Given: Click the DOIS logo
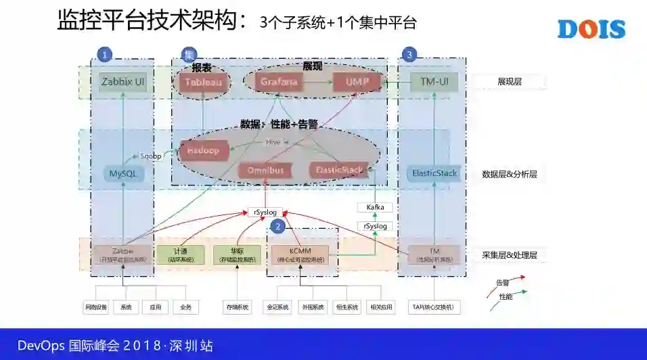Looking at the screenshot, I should pyautogui.click(x=591, y=29).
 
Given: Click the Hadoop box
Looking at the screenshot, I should pyautogui.click(x=202, y=151).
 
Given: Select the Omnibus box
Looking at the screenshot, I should pyautogui.click(x=265, y=170).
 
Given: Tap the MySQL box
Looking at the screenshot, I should pyautogui.click(x=123, y=174).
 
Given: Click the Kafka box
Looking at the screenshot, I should pyautogui.click(x=375, y=207).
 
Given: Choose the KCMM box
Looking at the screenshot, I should pyautogui.click(x=300, y=254).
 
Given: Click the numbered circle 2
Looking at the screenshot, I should pyautogui.click(x=277, y=226).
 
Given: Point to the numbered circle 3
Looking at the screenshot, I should pyautogui.click(x=409, y=54).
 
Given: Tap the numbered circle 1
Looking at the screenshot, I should pyautogui.click(x=104, y=54).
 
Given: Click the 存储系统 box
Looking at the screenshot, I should pyautogui.click(x=237, y=307).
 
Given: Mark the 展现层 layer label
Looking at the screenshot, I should pyautogui.click(x=510, y=82).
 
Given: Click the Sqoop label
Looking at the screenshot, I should pyautogui.click(x=151, y=156).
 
